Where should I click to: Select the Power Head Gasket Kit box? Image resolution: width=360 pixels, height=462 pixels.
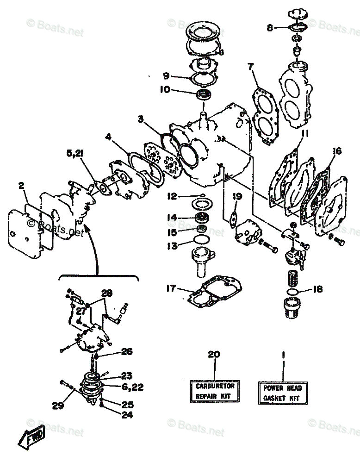282,393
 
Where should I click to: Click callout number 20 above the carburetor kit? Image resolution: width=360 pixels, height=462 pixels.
214,355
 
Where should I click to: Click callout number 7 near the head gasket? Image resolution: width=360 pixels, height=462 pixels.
250,67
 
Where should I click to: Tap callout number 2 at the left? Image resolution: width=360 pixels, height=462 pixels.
21,186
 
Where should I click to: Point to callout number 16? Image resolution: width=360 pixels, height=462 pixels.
336,151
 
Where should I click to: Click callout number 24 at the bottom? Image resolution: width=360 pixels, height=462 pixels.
127,415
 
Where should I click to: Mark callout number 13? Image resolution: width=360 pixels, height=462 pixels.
172,246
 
